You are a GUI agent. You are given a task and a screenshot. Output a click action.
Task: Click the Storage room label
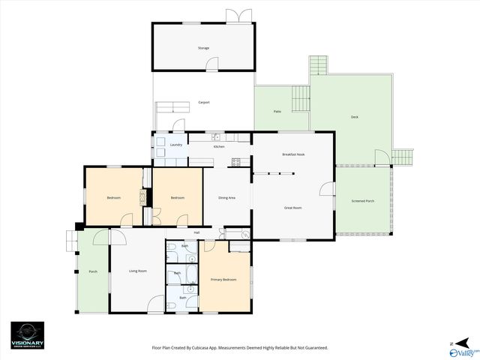[x=203, y=48]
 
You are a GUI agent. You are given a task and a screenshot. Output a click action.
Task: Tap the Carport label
[x=203, y=103]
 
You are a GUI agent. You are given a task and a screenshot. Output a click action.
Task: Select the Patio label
[x=277, y=111]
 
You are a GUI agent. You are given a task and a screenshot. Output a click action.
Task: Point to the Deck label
[x=354, y=117]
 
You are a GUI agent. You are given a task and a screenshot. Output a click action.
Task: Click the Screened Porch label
[x=363, y=202]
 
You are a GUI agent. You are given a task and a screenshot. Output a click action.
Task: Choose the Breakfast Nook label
[x=293, y=154]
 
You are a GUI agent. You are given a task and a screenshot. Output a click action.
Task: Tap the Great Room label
[x=292, y=207]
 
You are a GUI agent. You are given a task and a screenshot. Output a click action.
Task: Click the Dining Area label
[x=226, y=198]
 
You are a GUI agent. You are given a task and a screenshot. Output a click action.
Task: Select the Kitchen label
[x=219, y=146]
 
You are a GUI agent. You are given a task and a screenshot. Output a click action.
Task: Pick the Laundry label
[x=176, y=145]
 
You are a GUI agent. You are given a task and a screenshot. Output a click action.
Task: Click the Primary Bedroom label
[x=225, y=279]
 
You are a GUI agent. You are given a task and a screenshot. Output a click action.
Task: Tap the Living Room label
[x=137, y=271]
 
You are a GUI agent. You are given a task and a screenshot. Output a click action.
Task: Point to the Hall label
[x=196, y=232]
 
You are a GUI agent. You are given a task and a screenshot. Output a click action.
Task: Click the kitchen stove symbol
[x=236, y=161]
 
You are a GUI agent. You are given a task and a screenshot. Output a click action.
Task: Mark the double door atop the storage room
[x=239, y=16]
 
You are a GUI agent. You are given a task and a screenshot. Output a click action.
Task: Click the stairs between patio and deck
[x=300, y=97]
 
